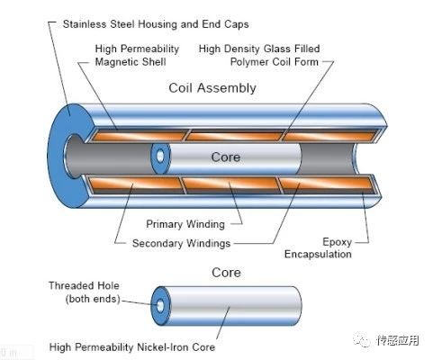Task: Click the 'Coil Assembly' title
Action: (212, 88)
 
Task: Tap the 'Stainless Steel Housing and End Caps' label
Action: (156, 24)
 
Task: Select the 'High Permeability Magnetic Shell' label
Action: (137, 55)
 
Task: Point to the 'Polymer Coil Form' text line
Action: (275, 62)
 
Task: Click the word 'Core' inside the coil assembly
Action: (226, 157)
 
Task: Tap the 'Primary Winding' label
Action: (185, 224)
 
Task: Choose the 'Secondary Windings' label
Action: (181, 243)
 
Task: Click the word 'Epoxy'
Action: (337, 242)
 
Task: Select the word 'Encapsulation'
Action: (318, 254)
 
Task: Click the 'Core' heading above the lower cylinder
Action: (226, 273)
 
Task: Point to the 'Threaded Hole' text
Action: (84, 285)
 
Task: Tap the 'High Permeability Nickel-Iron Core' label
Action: (132, 347)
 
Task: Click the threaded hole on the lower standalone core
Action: (160, 306)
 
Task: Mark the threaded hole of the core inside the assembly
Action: (160, 156)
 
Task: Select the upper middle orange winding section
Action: (235, 137)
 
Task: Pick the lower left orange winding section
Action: (135, 183)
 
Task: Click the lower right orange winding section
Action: (327, 183)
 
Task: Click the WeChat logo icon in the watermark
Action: (362, 339)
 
